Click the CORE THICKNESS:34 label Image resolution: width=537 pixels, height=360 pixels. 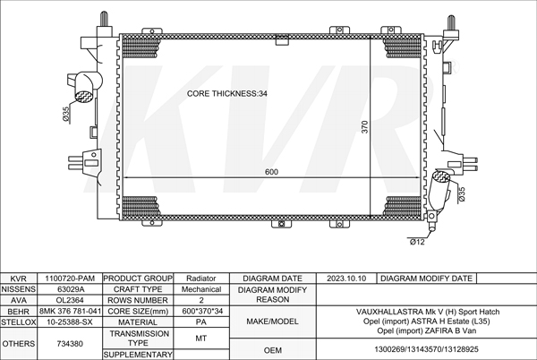226,93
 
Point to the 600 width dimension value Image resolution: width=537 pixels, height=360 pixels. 271,172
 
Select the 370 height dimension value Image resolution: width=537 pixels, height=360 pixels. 364,127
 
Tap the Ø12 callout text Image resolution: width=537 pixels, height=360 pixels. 417,242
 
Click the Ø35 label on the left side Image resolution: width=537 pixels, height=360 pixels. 66,114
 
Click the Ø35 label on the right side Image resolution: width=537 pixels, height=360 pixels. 462,193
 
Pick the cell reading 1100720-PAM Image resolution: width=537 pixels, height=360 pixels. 70,279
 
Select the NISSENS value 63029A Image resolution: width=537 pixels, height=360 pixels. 71,289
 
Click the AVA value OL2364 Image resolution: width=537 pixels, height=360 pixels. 70,300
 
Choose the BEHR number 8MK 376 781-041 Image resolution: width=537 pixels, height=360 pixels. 70,311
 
